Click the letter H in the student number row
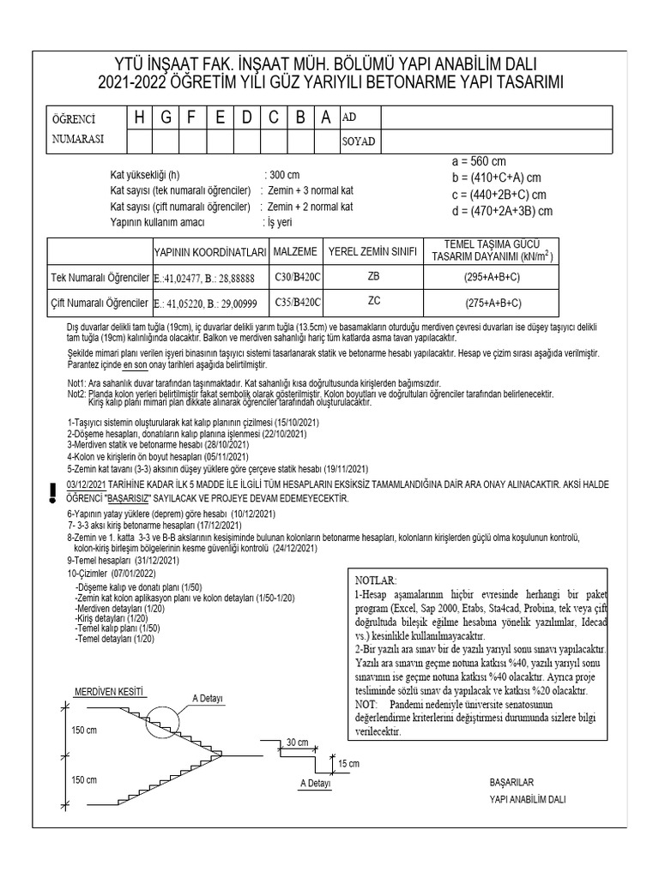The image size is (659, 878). (x=140, y=117)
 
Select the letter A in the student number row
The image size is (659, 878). (x=326, y=117)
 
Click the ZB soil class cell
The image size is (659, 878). (x=373, y=278)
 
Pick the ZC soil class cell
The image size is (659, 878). (x=373, y=302)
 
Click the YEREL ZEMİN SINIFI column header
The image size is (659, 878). (x=373, y=251)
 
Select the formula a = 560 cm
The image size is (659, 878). (x=478, y=161)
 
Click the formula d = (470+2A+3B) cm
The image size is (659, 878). (x=501, y=211)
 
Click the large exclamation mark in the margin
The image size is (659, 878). (x=53, y=491)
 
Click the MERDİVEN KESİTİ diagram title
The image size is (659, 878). (x=109, y=691)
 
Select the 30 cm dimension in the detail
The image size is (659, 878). (x=298, y=742)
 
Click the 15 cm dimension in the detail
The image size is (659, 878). (x=348, y=763)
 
